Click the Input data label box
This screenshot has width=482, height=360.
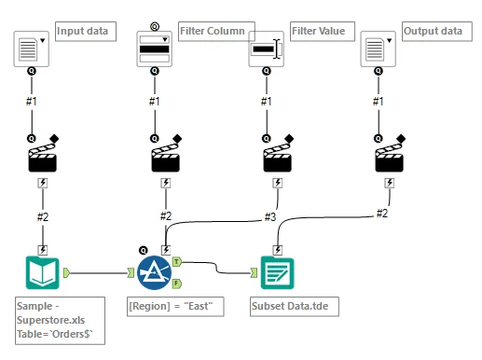(84, 31)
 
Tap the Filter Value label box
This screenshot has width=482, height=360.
(316, 31)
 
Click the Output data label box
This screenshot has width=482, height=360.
(433, 31)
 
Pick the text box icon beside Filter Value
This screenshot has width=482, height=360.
(266, 48)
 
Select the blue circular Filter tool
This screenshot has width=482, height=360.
(154, 273)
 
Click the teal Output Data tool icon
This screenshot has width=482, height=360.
(277, 273)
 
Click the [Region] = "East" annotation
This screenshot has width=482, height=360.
(175, 305)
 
